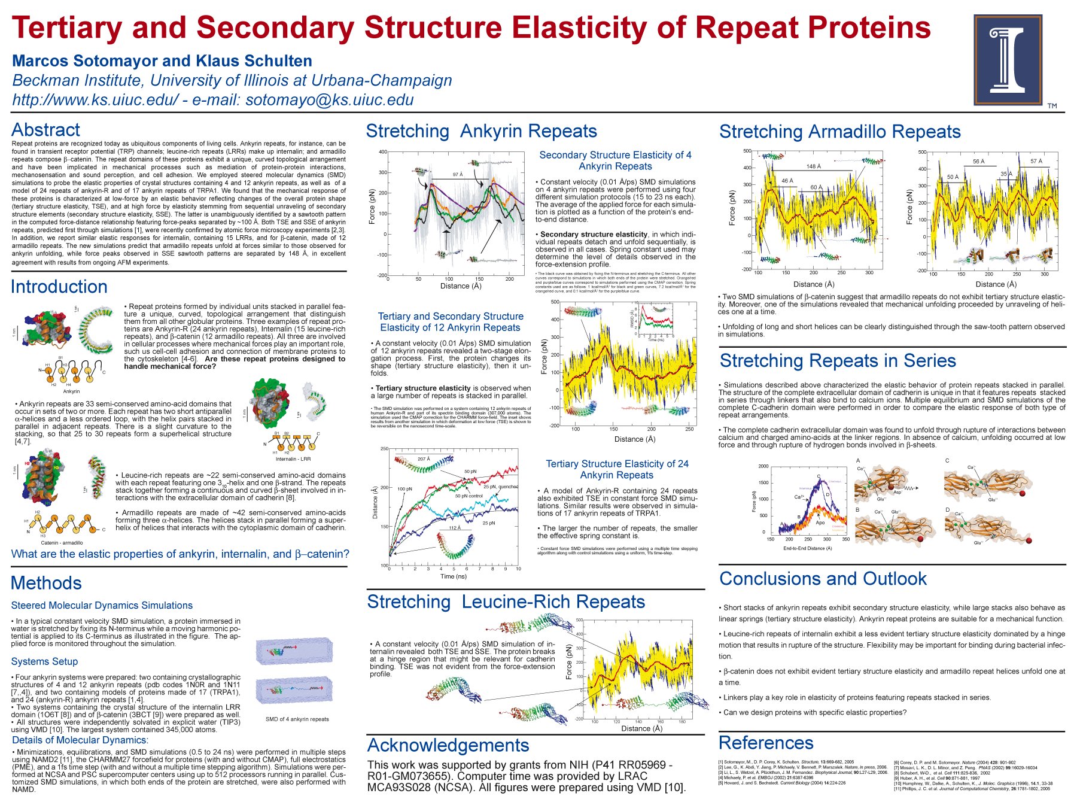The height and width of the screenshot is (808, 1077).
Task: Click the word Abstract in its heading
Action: tap(45, 130)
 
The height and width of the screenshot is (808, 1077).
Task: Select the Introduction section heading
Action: tap(59, 287)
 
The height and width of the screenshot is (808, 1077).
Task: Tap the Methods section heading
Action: tap(46, 583)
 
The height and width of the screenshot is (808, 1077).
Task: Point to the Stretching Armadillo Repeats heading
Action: tap(839, 132)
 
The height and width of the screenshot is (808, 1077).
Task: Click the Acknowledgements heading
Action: tap(448, 745)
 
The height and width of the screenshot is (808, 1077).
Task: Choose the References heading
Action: tap(766, 743)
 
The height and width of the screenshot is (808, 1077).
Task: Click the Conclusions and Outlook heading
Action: tap(823, 579)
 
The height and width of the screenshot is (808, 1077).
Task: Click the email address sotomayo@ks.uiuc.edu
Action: tap(329, 99)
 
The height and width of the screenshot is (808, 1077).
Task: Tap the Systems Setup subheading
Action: tap(44, 661)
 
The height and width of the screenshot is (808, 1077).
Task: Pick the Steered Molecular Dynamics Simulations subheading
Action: tap(102, 606)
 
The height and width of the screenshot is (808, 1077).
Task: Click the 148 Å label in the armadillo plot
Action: tap(814, 166)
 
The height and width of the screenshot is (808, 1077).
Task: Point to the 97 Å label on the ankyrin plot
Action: tap(458, 175)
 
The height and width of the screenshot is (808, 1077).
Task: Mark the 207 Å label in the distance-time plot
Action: tap(424, 459)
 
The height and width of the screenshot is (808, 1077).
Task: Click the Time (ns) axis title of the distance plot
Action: tap(453, 576)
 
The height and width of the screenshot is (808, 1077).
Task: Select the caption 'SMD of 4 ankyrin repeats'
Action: tap(297, 719)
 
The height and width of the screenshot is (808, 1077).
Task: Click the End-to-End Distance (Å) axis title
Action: tap(807, 548)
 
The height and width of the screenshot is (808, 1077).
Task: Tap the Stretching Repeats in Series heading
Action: tap(838, 361)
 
